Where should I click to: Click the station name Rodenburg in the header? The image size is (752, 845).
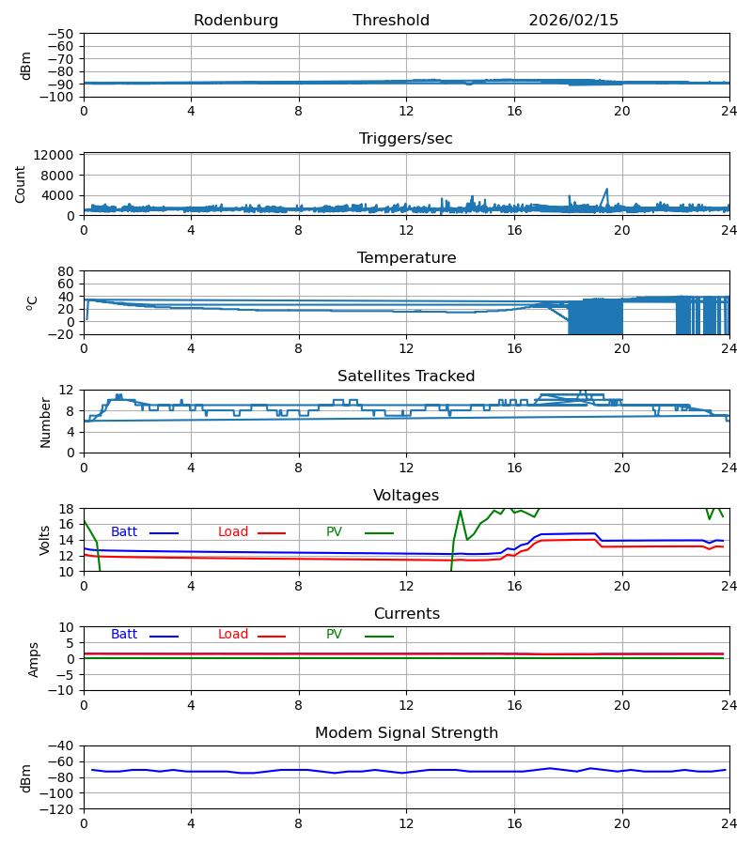tap(236, 21)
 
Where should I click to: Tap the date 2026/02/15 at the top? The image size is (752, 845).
tap(573, 21)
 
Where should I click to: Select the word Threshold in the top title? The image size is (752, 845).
tap(391, 21)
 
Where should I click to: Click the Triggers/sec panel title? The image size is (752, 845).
tap(406, 139)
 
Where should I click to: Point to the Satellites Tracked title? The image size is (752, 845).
tap(406, 376)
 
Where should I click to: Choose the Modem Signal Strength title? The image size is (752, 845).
tap(406, 733)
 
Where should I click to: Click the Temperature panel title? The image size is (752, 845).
tap(406, 258)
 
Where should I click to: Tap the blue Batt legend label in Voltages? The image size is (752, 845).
tap(124, 532)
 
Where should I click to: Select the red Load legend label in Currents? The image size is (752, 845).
tap(233, 635)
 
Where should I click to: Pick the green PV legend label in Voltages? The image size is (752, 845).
tap(335, 532)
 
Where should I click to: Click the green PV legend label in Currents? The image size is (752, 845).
tap(335, 635)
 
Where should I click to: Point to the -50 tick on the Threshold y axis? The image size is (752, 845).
tap(62, 34)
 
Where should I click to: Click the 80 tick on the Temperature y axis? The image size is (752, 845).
tap(66, 271)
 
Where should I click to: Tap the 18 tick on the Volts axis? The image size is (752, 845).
tap(66, 509)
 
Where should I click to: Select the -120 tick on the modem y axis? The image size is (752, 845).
tap(58, 809)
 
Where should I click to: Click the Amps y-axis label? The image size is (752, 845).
tap(34, 659)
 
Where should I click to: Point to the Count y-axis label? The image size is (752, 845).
tap(21, 184)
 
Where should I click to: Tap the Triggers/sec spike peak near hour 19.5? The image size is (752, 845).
tap(606, 189)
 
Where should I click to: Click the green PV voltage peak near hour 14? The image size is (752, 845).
tap(461, 511)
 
